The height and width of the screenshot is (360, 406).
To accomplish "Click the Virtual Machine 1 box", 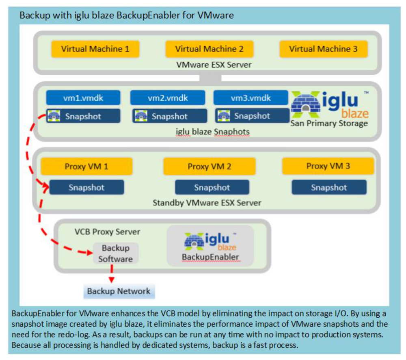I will tap(95, 49).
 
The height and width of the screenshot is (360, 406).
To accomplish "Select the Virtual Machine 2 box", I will tap(209, 49).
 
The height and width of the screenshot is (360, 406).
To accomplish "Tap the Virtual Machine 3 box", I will tap(323, 49).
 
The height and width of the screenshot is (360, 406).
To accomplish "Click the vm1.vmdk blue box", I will tap(83, 98).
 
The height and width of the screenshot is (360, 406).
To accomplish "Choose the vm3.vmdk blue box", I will tap(251, 98).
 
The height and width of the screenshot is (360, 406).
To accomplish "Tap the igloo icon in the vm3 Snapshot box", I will tap(224, 116).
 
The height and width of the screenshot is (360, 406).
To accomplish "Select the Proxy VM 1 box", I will tap(86, 166).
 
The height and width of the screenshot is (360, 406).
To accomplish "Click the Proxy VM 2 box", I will tap(209, 167).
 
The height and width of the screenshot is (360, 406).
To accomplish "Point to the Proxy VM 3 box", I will tap(328, 166).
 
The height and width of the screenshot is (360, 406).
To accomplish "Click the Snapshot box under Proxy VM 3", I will tap(329, 187).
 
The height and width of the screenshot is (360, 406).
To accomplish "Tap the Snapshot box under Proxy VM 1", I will tap(86, 187).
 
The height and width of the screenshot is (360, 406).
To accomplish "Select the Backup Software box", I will tap(116, 253).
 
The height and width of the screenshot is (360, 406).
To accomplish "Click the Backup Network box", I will tap(119, 291).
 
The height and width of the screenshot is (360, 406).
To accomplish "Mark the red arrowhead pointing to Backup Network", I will tap(111, 280).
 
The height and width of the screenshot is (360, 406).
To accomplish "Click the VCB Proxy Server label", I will tap(107, 232).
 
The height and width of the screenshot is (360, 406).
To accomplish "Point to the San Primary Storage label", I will tap(329, 124).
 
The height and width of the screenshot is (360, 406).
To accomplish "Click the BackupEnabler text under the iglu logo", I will tap(210, 257).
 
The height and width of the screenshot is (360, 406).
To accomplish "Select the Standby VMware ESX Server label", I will tap(207, 202).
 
